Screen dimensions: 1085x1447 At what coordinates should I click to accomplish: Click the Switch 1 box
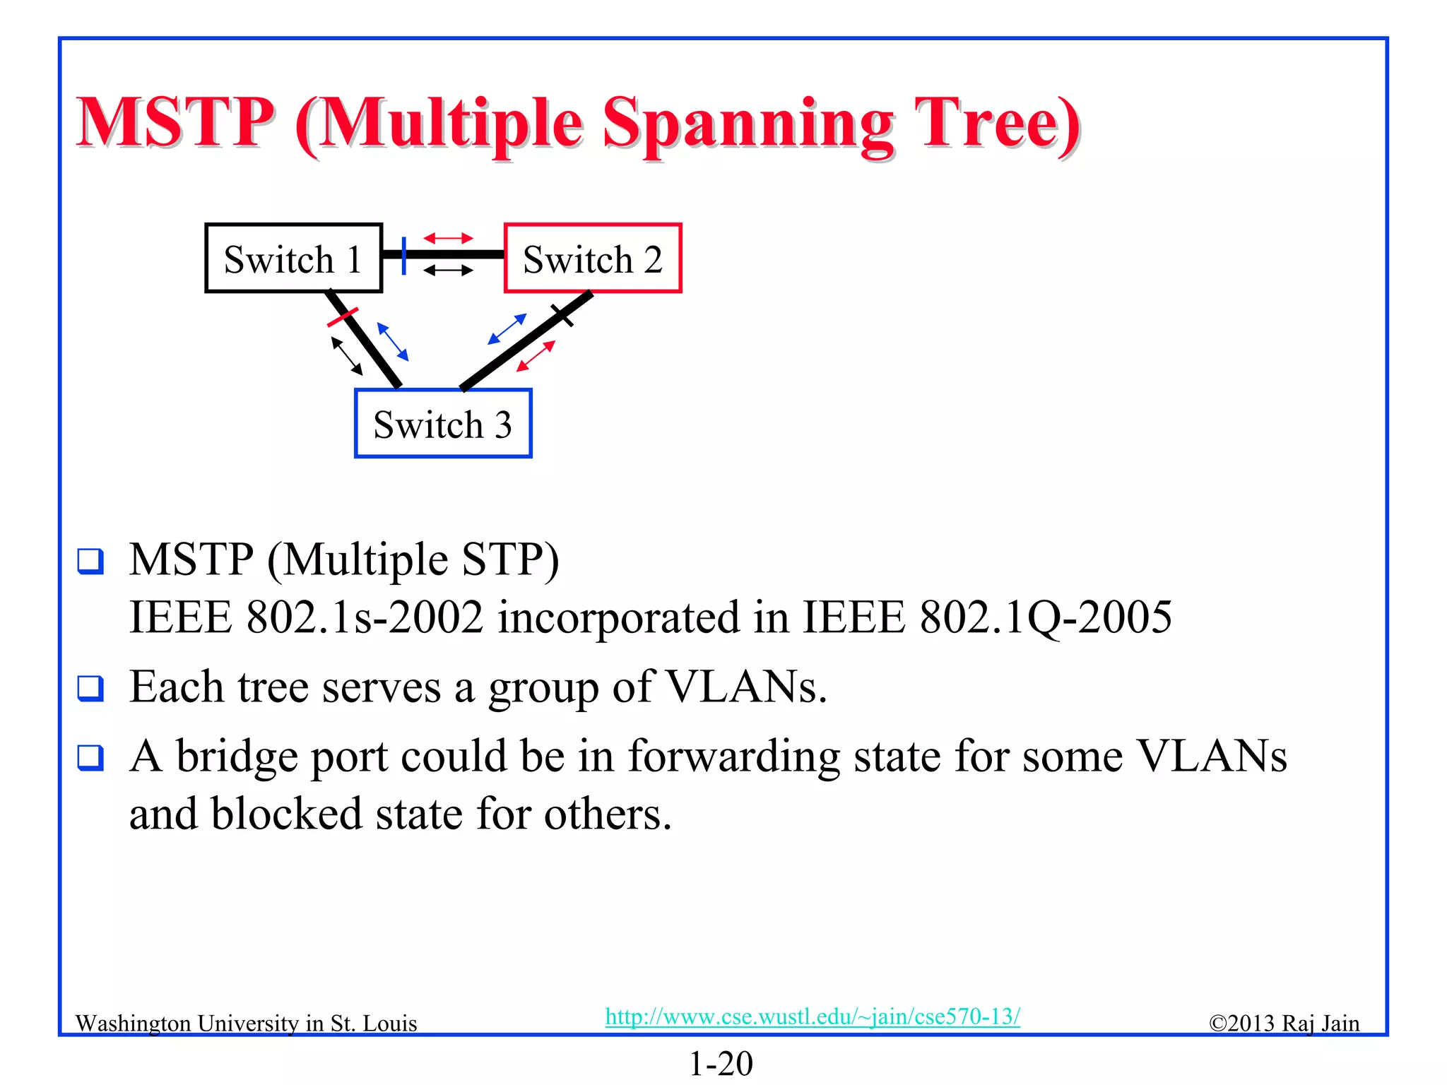293,259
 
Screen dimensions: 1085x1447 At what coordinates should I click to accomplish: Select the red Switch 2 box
593,259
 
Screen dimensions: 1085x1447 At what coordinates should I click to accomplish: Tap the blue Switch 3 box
443,424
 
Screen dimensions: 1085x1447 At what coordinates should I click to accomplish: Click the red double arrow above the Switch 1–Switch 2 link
448,239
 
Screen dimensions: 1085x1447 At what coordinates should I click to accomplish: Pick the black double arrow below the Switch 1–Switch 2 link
448,271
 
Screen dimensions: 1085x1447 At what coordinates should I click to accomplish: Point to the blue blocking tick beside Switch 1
403,255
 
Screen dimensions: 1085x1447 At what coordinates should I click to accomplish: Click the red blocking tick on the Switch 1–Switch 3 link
343,317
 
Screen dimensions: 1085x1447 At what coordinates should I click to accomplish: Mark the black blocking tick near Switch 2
562,315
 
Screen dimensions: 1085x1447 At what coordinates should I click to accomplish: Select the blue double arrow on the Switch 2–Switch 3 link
507,329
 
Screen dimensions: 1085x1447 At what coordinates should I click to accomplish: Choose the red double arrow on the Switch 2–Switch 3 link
536,356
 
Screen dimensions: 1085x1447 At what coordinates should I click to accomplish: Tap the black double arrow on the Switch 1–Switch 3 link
347,356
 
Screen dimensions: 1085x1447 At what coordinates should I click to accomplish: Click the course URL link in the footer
813,1016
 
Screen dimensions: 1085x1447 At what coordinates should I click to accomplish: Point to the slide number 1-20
721,1063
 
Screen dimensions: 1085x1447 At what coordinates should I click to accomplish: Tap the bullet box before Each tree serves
90,688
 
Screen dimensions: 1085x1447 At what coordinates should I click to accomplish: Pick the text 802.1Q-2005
1046,617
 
